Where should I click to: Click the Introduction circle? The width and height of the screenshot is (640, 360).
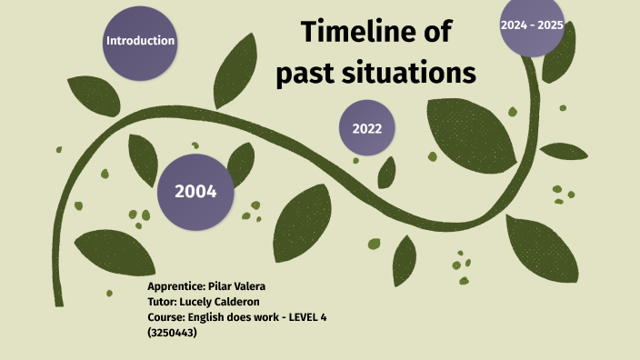(x=140, y=41)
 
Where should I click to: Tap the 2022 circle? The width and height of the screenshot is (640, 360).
(x=367, y=128)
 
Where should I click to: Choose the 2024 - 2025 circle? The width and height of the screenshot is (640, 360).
(x=532, y=26)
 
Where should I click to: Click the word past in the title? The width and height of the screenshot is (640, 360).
(x=306, y=72)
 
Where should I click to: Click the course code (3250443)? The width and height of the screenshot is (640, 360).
(x=172, y=332)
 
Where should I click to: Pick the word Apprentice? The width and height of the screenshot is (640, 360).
(x=176, y=285)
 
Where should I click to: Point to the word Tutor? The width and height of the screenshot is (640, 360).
(x=164, y=301)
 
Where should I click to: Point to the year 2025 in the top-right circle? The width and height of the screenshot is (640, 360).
(x=550, y=25)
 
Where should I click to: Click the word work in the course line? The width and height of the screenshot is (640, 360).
(x=264, y=316)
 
